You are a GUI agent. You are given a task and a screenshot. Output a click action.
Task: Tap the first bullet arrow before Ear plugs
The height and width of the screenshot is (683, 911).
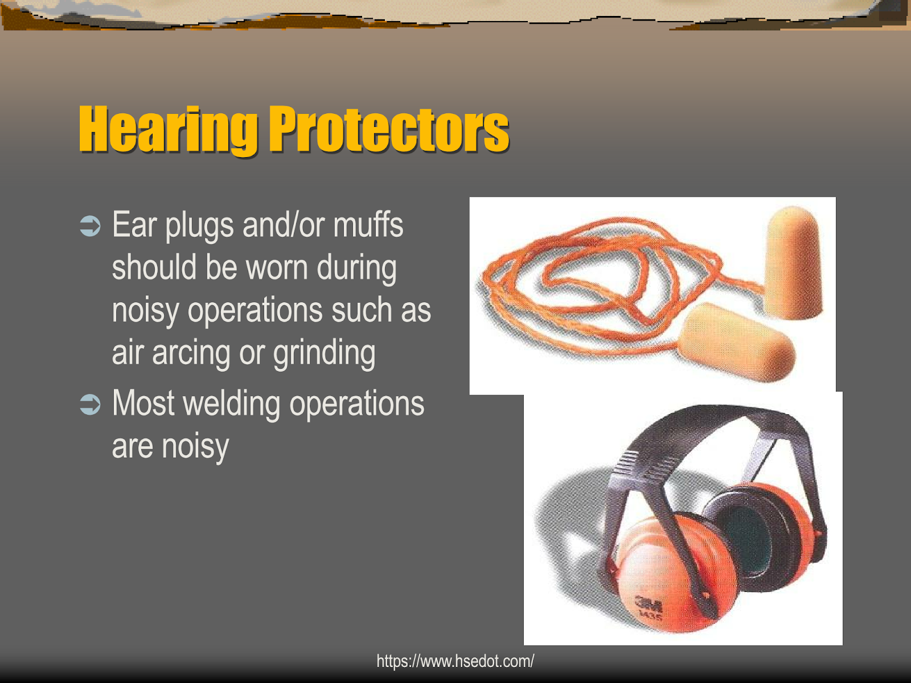coord(90,226)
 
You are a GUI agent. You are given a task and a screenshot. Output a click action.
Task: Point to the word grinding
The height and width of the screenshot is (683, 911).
coord(324,353)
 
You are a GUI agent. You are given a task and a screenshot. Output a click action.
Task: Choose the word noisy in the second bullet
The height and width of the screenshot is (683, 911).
coord(195,446)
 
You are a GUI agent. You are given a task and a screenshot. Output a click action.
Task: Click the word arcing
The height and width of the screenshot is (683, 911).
coord(192,353)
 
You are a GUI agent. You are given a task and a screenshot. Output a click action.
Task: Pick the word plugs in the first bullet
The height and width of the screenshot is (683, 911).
coord(199,226)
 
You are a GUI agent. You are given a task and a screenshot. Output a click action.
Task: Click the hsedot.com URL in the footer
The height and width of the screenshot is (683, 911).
coord(455,661)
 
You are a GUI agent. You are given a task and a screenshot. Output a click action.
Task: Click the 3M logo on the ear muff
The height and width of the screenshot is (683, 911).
coord(648,604)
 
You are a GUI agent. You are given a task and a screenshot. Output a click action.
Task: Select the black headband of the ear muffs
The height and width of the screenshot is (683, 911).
coord(712,424)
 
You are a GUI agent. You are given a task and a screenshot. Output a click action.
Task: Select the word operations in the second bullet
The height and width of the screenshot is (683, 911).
coord(356,404)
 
